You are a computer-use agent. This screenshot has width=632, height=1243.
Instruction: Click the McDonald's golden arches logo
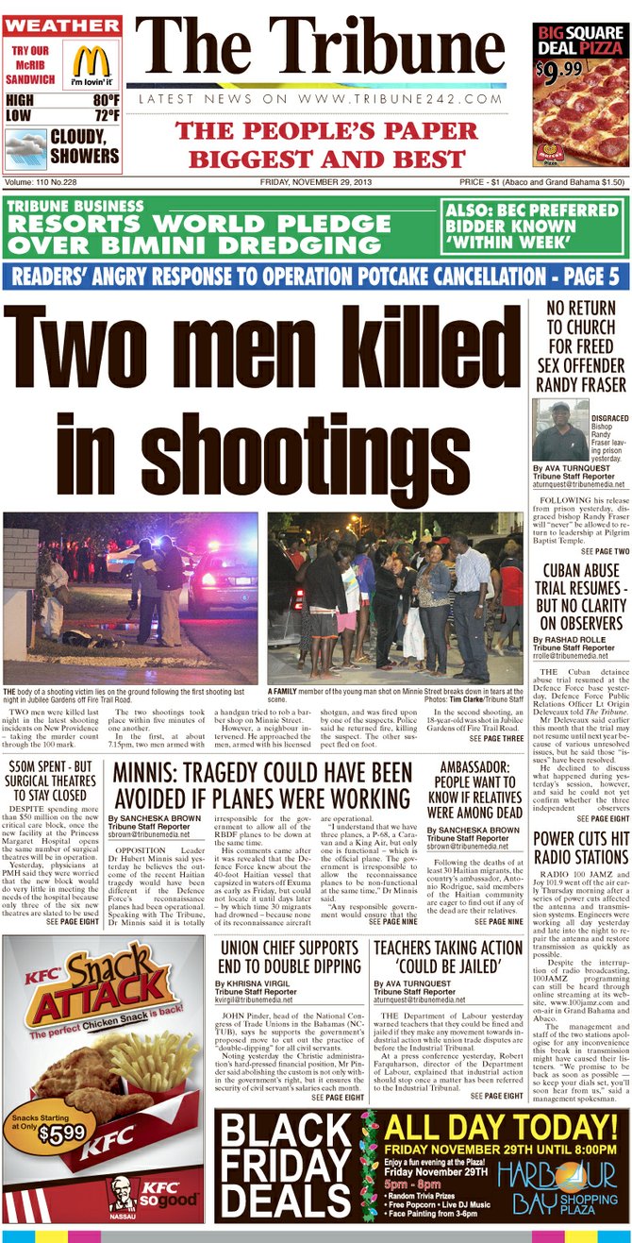click(x=91, y=63)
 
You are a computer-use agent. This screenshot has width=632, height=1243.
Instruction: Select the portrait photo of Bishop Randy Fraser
click(x=560, y=429)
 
